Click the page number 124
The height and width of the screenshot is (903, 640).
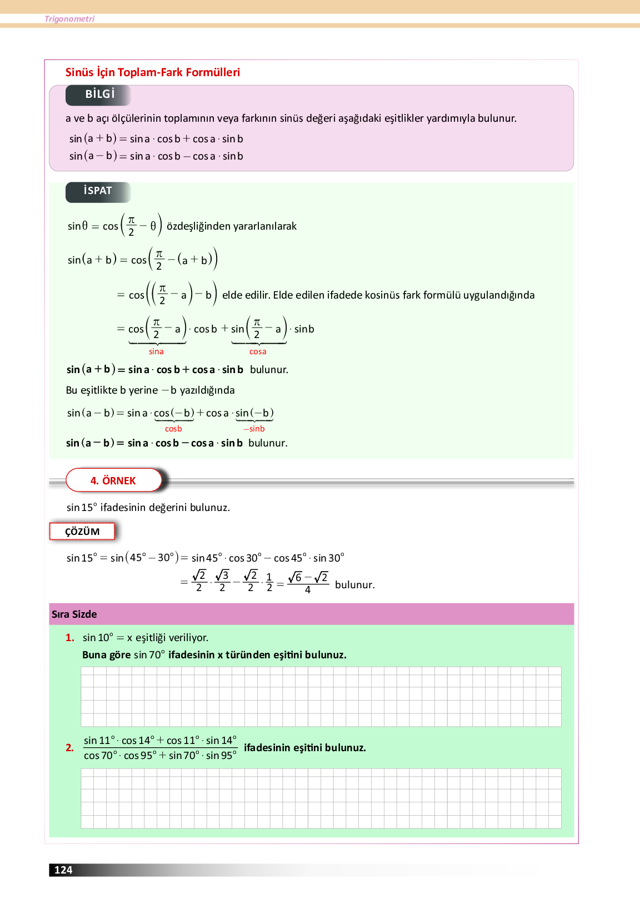click(63, 870)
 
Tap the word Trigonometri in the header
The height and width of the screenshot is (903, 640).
click(69, 19)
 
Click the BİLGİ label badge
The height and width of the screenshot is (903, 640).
click(99, 95)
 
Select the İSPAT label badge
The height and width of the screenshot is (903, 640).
click(98, 191)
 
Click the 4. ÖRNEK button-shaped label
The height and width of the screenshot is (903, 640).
click(113, 480)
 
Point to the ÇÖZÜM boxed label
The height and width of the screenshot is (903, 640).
click(82, 532)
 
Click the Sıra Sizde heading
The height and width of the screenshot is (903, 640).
click(74, 614)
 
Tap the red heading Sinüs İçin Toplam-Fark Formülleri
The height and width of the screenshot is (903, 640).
click(153, 72)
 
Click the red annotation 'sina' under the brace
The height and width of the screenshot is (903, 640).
click(156, 351)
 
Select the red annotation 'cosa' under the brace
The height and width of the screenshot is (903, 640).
click(258, 351)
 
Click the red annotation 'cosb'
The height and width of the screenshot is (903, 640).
click(173, 429)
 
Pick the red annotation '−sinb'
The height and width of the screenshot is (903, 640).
click(254, 429)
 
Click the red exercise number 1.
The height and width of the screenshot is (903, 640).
click(69, 638)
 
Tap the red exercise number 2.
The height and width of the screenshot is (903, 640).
click(69, 748)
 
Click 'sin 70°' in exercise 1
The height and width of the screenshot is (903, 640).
click(149, 655)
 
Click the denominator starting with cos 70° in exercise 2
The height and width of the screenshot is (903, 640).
click(160, 756)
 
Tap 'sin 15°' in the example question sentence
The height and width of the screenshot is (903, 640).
click(82, 508)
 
